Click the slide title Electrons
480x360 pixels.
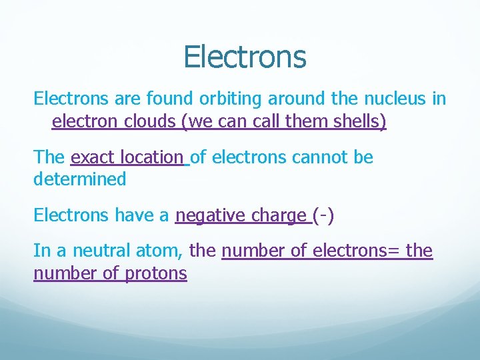[x=245, y=57]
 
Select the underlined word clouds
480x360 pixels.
[x=151, y=123]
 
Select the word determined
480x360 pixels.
[x=79, y=179]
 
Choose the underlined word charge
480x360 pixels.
[x=278, y=215]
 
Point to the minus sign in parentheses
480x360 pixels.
[x=326, y=215]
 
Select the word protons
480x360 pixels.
[x=156, y=273]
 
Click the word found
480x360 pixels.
[x=160, y=100]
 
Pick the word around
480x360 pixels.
[x=294, y=100]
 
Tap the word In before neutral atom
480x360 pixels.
[x=41, y=251]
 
